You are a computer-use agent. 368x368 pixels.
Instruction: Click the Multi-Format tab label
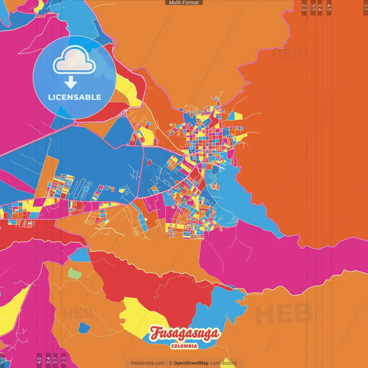pos(184,3)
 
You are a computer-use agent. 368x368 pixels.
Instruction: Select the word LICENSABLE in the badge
pos(74,97)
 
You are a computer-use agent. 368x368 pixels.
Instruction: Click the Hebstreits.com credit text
pos(147,362)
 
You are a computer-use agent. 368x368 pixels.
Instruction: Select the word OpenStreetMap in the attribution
pos(192,362)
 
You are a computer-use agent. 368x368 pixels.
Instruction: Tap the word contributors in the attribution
pos(224,362)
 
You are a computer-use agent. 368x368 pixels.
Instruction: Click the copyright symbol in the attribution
pos(170,362)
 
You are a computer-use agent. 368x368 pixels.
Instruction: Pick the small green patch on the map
pos(74,273)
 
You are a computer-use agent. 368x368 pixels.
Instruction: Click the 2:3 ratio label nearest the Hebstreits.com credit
pos(64,359)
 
